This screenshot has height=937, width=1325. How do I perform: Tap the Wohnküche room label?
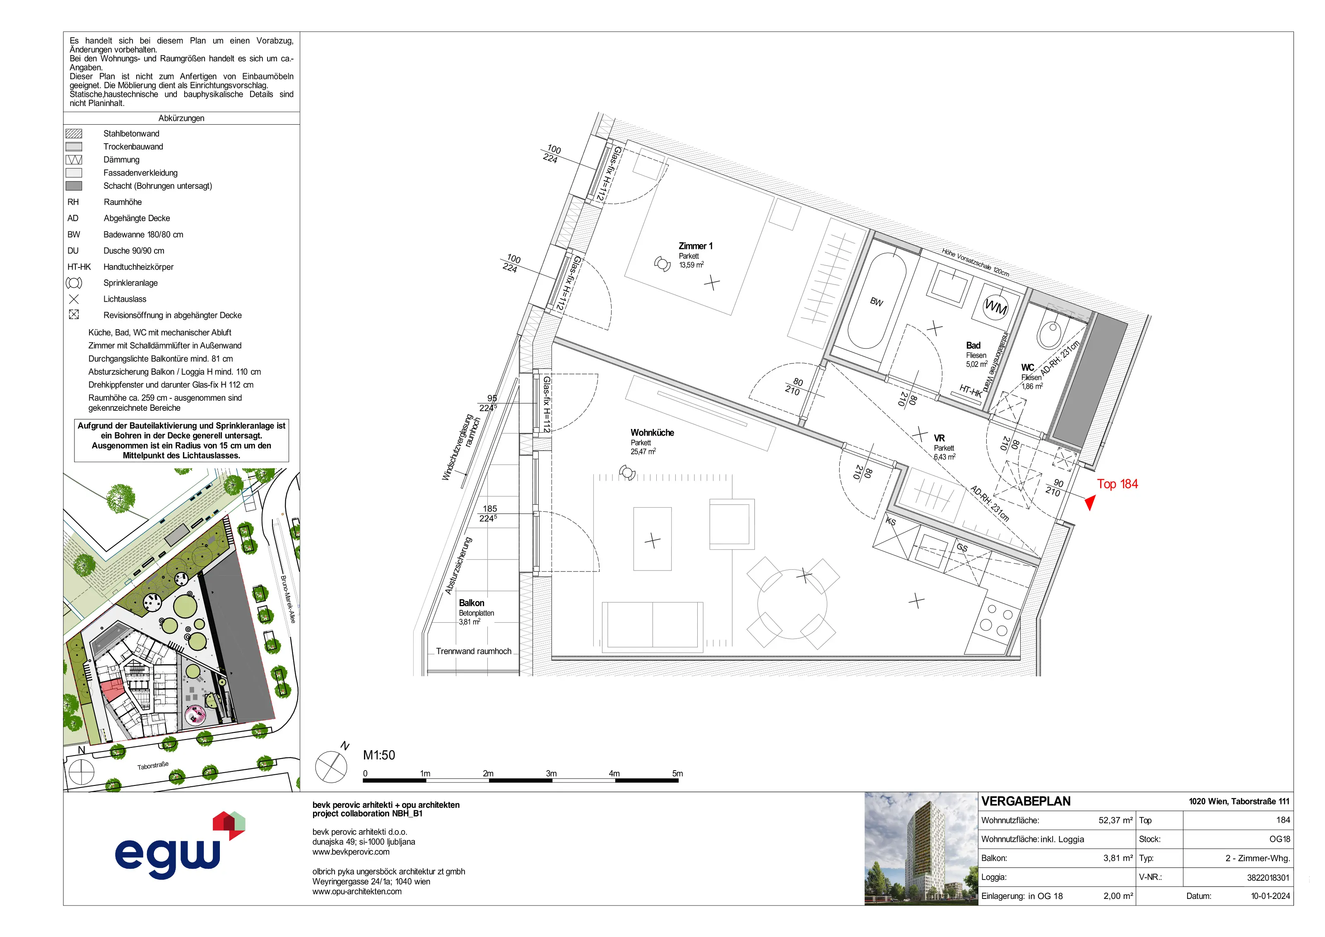[652, 433]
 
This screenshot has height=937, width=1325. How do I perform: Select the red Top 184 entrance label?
[1117, 484]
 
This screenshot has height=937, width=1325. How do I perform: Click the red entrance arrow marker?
[1089, 503]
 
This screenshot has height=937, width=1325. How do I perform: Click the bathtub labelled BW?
[875, 301]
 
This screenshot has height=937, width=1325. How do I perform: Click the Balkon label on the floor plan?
[472, 603]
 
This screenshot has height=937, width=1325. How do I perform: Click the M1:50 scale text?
[379, 755]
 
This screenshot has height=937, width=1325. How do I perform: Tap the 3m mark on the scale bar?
[552, 774]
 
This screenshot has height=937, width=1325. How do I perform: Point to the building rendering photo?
[921, 848]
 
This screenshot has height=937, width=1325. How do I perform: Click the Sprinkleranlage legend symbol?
[74, 283]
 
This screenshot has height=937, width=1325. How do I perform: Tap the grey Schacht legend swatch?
[74, 186]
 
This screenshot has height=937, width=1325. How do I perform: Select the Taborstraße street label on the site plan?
[153, 766]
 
